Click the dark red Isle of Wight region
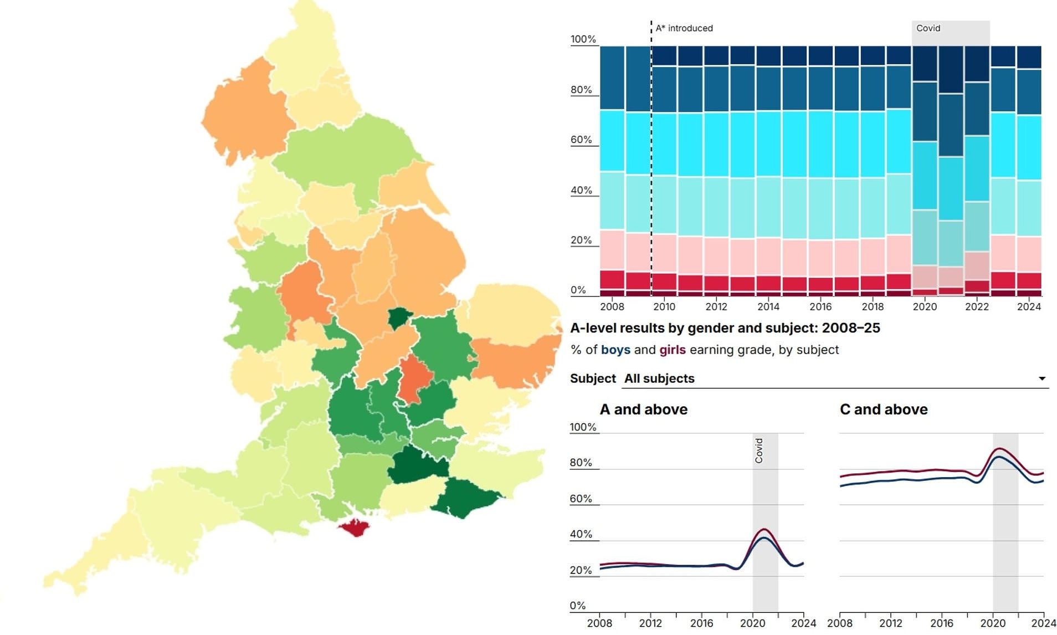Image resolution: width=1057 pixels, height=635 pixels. pos(355,527)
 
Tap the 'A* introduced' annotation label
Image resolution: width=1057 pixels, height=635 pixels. pos(684,28)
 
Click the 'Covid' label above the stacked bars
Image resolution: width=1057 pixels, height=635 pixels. pos(928,28)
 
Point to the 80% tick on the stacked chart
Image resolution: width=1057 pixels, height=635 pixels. pos(581,90)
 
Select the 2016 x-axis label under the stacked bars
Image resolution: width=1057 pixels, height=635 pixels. pos(820,307)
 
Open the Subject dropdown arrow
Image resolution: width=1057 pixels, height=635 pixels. pos(1041,378)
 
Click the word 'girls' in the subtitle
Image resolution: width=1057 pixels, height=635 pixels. pos(672,350)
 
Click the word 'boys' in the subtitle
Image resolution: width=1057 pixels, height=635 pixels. pos(615,350)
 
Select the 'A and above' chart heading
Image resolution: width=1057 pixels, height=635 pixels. pos(643,409)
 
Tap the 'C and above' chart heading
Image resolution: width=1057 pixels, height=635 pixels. pos(883,409)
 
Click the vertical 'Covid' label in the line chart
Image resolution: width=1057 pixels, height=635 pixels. pos(759,450)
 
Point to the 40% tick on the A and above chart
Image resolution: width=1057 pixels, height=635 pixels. pos(581,535)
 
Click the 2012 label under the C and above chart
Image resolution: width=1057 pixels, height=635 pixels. pos(890,623)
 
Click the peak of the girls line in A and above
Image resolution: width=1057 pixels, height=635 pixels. pos(764,530)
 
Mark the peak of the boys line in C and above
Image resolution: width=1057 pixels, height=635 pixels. pos(998,458)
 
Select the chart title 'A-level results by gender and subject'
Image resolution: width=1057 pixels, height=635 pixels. pos(725,328)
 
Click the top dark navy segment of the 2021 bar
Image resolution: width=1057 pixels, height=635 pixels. pos(951,69)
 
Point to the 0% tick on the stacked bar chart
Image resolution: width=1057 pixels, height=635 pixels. pos(578,290)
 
